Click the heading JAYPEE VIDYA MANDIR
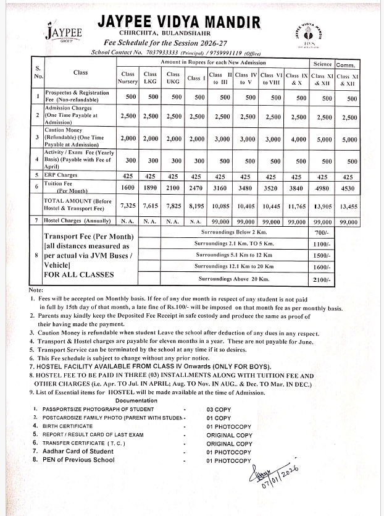point(179,23)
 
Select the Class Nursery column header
point(128,78)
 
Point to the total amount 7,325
point(128,205)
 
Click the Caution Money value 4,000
point(298,140)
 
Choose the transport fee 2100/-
point(322,280)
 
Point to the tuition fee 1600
point(128,187)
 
